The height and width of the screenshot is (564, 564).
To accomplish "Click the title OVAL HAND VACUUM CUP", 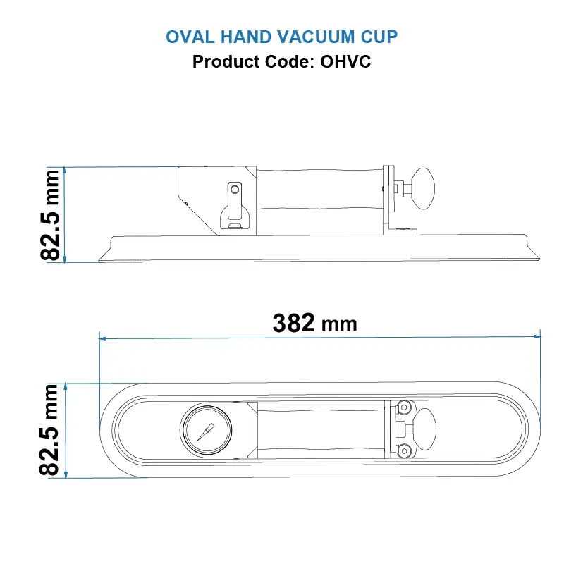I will pos(282,37).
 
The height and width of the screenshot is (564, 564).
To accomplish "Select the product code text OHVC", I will pos(345,61).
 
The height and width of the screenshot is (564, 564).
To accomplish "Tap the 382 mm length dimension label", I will pos(314,323).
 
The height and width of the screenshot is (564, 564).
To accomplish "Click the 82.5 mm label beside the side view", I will pos(52,215).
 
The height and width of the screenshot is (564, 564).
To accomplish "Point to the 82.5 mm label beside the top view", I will pos(52,430).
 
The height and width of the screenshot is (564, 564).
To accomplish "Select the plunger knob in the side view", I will pos(424,188).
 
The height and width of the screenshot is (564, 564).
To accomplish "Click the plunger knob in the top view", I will pos(424,429).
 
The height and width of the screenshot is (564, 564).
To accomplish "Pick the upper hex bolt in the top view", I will pos(403,408).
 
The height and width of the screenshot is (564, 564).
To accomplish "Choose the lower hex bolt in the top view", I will pos(403,450).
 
